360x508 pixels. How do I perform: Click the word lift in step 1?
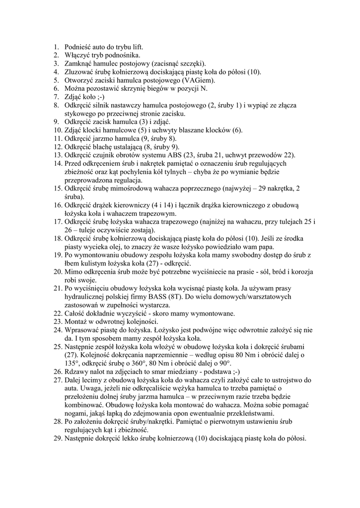[136, 47]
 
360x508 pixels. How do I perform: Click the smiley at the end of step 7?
[99, 97]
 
